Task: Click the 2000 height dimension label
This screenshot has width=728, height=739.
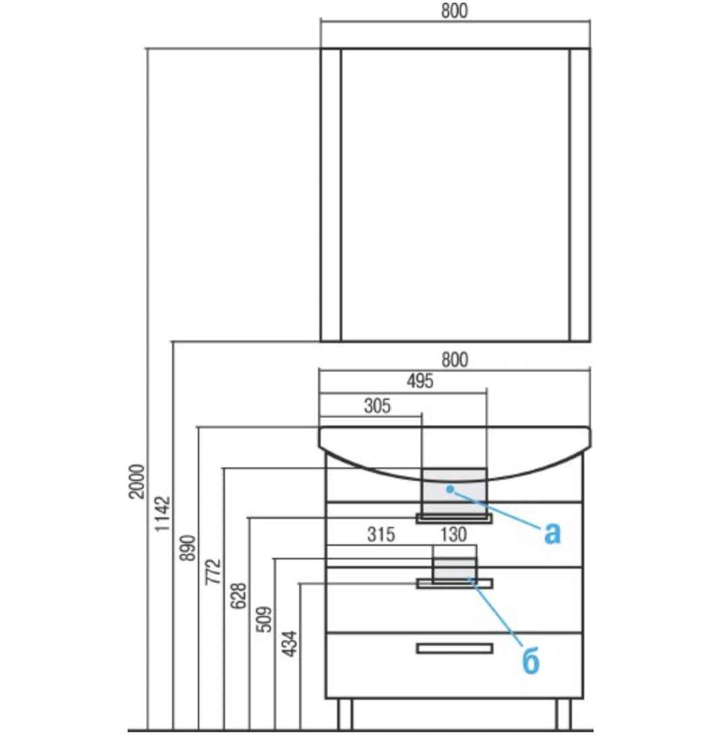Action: pos(138,481)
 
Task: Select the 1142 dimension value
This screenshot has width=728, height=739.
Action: pos(163,513)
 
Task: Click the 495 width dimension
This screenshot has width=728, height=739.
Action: pos(419,382)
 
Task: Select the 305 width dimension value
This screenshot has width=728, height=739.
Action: pos(378,406)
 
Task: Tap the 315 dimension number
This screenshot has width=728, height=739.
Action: pos(381,535)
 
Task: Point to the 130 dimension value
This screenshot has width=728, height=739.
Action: pos(453,535)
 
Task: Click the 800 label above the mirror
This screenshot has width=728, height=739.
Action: pos(454,11)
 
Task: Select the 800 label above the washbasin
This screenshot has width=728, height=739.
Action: pos(454,360)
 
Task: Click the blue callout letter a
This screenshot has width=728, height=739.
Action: pos(552,533)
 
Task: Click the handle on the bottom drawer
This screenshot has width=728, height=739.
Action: pos(454,648)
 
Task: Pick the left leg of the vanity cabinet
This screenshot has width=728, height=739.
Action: pos(344,714)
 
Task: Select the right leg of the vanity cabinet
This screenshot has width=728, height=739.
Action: pos(564,714)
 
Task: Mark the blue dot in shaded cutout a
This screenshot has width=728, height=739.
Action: pos(449,486)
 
